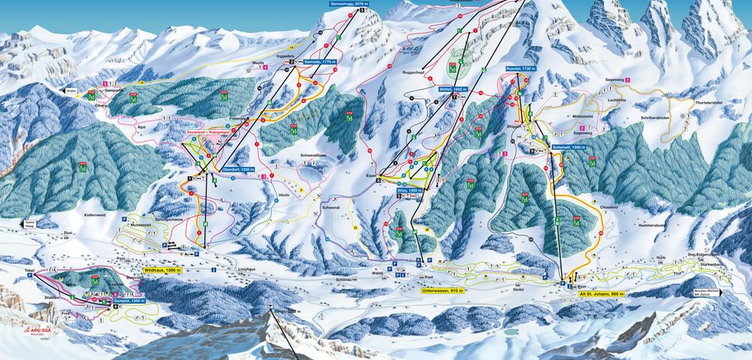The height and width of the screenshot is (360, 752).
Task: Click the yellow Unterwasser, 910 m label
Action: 442,291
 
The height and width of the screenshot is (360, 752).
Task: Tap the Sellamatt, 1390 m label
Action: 568,146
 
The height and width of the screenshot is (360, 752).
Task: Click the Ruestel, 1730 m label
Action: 520,69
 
